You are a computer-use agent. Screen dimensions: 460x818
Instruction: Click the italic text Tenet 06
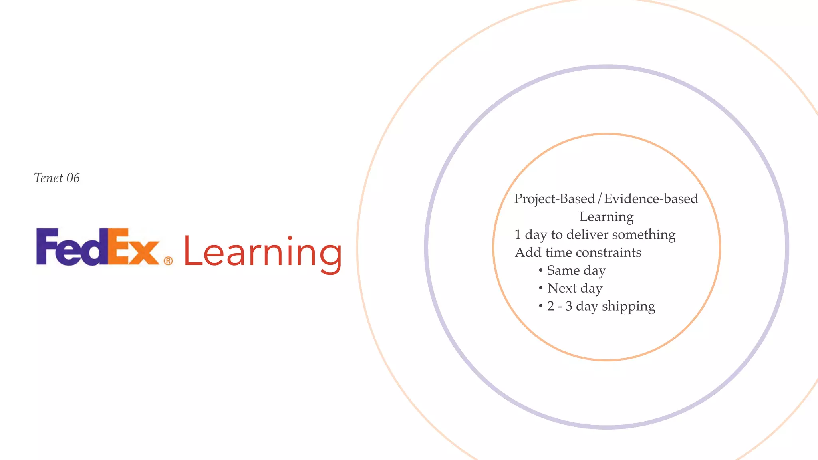(57, 178)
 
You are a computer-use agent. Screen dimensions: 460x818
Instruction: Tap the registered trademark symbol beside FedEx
(168, 261)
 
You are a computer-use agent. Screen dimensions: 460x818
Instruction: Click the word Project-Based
(554, 199)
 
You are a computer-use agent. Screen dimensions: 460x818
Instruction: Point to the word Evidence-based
(651, 199)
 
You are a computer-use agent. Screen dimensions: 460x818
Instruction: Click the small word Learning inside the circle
(606, 217)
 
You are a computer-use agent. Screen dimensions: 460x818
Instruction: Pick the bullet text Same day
(576, 271)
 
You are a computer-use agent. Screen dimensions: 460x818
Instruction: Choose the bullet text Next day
(575, 288)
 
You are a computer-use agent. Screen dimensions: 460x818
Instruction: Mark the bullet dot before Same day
(540, 270)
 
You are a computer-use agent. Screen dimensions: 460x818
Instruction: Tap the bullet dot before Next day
(540, 288)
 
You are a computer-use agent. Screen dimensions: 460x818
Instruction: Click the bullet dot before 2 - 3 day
(540, 306)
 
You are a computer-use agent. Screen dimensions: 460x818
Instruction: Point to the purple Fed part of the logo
(72, 247)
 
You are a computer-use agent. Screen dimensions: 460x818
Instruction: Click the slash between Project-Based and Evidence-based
(599, 199)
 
